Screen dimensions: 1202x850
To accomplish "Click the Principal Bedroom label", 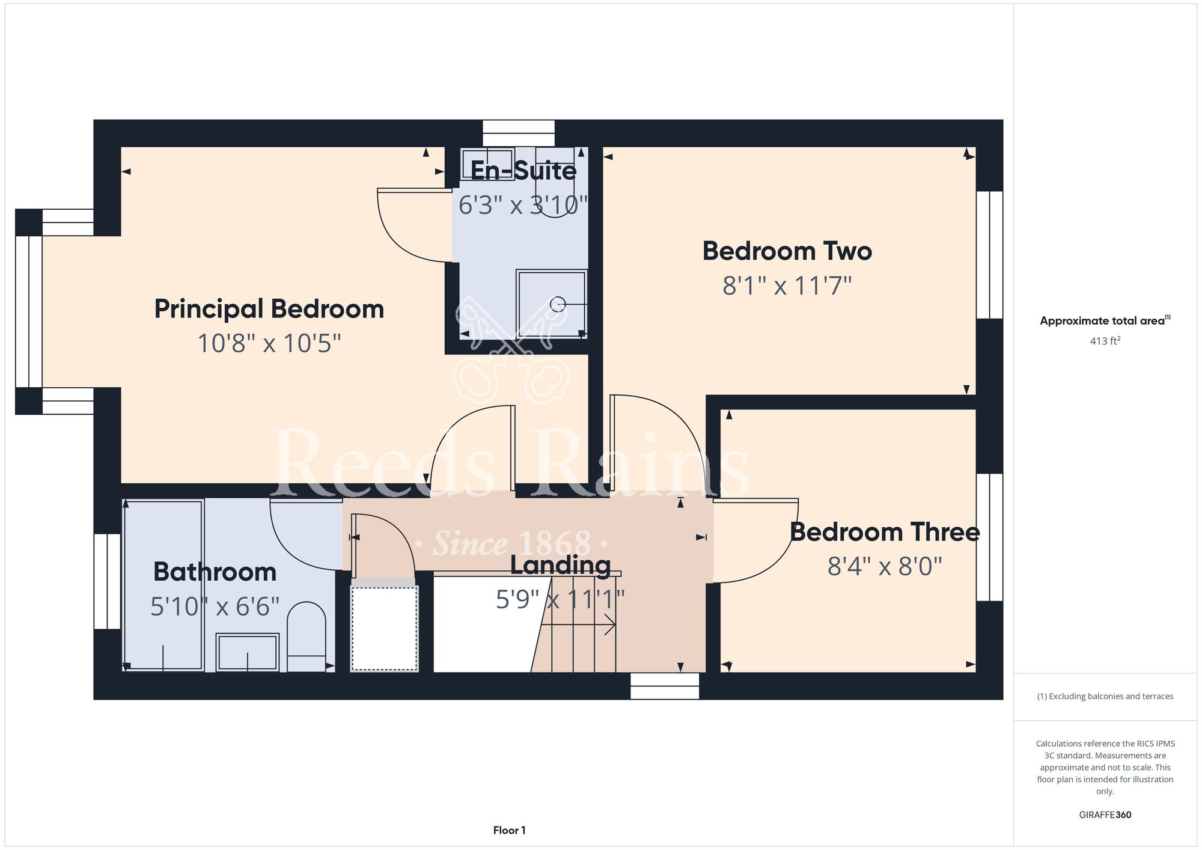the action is [x=269, y=310].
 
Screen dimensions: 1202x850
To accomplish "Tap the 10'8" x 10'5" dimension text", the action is [x=269, y=344].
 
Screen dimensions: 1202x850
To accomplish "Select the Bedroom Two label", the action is [x=787, y=251].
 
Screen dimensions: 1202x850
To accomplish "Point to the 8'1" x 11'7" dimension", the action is [x=787, y=286].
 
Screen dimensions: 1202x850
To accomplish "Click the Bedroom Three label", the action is [x=885, y=532].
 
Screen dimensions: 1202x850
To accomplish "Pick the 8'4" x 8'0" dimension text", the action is [x=885, y=566].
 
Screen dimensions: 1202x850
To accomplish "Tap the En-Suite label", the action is [x=523, y=171].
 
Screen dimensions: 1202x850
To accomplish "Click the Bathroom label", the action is [x=215, y=572].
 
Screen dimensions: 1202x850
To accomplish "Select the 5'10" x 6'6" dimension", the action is [x=215, y=607].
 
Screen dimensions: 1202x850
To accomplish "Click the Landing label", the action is [x=561, y=565].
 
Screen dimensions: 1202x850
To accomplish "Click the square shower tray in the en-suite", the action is [x=551, y=304].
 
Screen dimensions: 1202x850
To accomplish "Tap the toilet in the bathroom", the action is [x=307, y=637].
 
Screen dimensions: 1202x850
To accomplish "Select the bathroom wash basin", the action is [x=248, y=652].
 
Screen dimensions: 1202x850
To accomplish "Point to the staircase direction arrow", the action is [x=578, y=625].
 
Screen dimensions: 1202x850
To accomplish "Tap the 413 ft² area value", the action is [x=1105, y=341].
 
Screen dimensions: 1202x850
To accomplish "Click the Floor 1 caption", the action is [x=509, y=830].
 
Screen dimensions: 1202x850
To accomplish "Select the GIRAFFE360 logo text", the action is [x=1105, y=815].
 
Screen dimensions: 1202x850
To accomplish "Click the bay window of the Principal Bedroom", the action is [x=29, y=311].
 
